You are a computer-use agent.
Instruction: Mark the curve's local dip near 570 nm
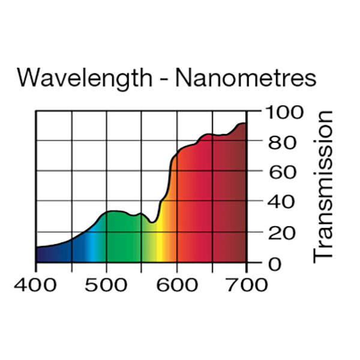tap(154, 223)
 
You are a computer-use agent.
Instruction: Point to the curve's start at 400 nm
tap(37, 247)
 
